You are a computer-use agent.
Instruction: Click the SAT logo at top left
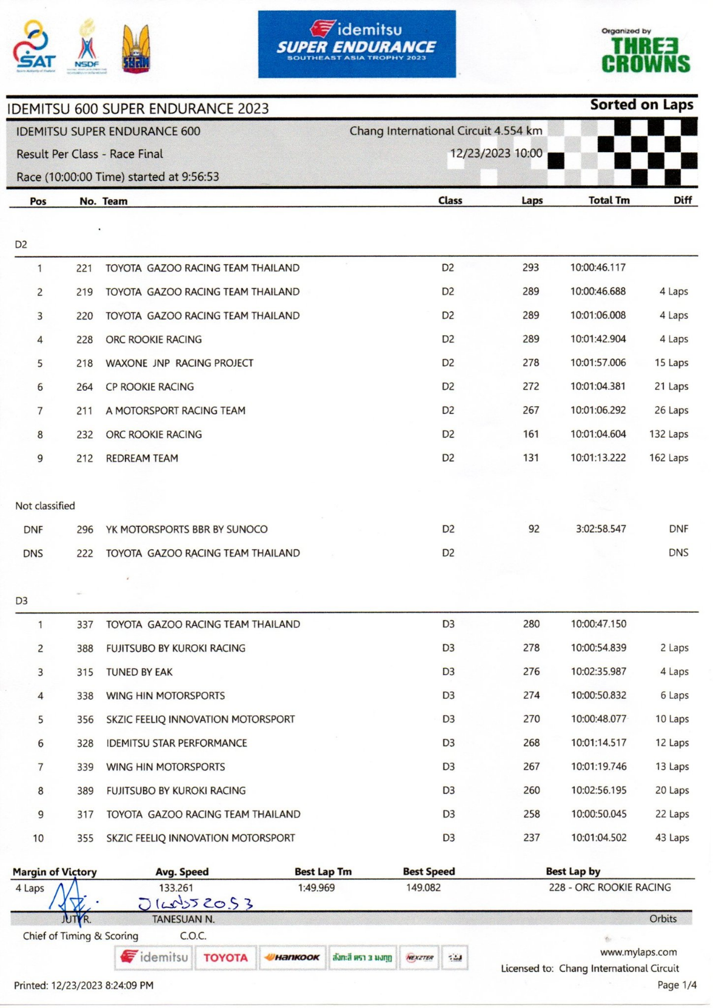click(x=35, y=47)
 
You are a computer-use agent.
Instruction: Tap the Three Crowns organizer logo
click(x=645, y=52)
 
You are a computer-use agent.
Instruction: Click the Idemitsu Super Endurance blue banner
click(x=356, y=44)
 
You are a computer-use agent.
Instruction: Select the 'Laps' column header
click(x=532, y=201)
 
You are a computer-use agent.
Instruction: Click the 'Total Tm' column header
click(x=609, y=201)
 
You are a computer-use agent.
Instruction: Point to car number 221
click(x=84, y=268)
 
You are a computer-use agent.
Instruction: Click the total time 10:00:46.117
click(x=597, y=267)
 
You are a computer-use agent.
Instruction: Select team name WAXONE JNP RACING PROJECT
click(x=179, y=363)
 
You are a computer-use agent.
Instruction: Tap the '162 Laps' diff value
click(x=668, y=458)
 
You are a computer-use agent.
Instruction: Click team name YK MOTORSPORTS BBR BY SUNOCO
click(x=187, y=529)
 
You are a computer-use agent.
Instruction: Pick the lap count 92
click(x=534, y=529)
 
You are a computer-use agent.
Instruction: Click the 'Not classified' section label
click(x=45, y=506)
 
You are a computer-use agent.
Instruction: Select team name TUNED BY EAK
click(x=139, y=672)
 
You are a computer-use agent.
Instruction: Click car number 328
click(x=85, y=743)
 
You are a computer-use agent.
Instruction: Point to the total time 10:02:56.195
click(x=598, y=790)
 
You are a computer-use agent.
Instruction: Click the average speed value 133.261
click(x=176, y=888)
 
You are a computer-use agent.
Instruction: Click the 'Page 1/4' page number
click(x=677, y=985)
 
